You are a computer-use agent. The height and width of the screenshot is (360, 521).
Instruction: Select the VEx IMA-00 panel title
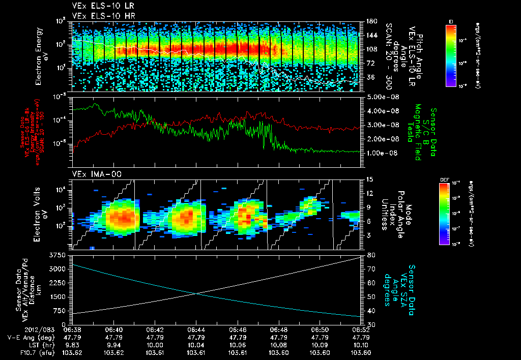pyautogui.click(x=92, y=174)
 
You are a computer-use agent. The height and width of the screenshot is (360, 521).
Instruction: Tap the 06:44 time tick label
pyautogui.click(x=196, y=329)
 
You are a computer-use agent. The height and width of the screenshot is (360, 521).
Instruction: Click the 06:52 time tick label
pyautogui.click(x=360, y=329)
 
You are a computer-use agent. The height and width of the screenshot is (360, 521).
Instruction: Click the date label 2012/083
pyautogui.click(x=21, y=329)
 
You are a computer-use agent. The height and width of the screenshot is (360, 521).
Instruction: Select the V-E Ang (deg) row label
pyautogui.click(x=29, y=337)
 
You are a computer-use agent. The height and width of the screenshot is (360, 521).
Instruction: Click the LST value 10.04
pyautogui.click(x=196, y=345)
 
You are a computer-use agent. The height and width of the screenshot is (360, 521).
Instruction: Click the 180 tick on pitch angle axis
pyautogui.click(x=370, y=21)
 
